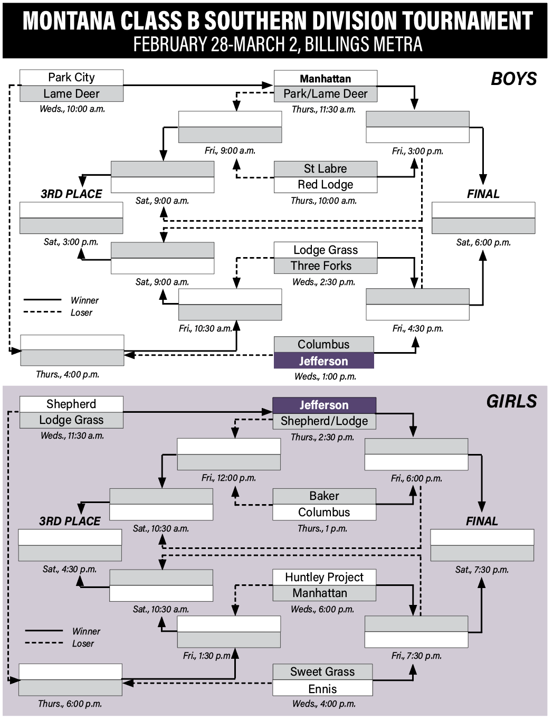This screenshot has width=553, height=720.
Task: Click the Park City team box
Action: (71, 78)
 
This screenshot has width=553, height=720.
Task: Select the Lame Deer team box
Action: (71, 94)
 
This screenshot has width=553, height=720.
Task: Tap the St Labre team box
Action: (326, 169)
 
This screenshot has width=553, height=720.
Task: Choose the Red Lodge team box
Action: (326, 185)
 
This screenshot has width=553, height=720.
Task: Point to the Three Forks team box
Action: (326, 266)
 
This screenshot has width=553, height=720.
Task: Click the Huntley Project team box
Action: (324, 577)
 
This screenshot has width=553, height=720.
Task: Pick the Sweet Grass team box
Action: (322, 672)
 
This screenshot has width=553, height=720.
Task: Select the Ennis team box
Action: (322, 689)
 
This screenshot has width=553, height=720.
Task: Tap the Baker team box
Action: (324, 496)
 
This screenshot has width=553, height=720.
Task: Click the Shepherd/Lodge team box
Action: (324, 421)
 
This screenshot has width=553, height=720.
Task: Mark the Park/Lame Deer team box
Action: (326, 94)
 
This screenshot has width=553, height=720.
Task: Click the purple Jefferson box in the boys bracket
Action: (323, 362)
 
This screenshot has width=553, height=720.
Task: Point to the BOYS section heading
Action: (513, 79)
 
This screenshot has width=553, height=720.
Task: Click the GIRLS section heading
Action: (511, 402)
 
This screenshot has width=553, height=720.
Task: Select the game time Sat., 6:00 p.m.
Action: (483, 243)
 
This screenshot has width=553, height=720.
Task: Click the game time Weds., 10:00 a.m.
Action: (72, 109)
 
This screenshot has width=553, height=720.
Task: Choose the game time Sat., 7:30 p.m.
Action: (482, 570)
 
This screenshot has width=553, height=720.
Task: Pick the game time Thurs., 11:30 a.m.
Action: (323, 110)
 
